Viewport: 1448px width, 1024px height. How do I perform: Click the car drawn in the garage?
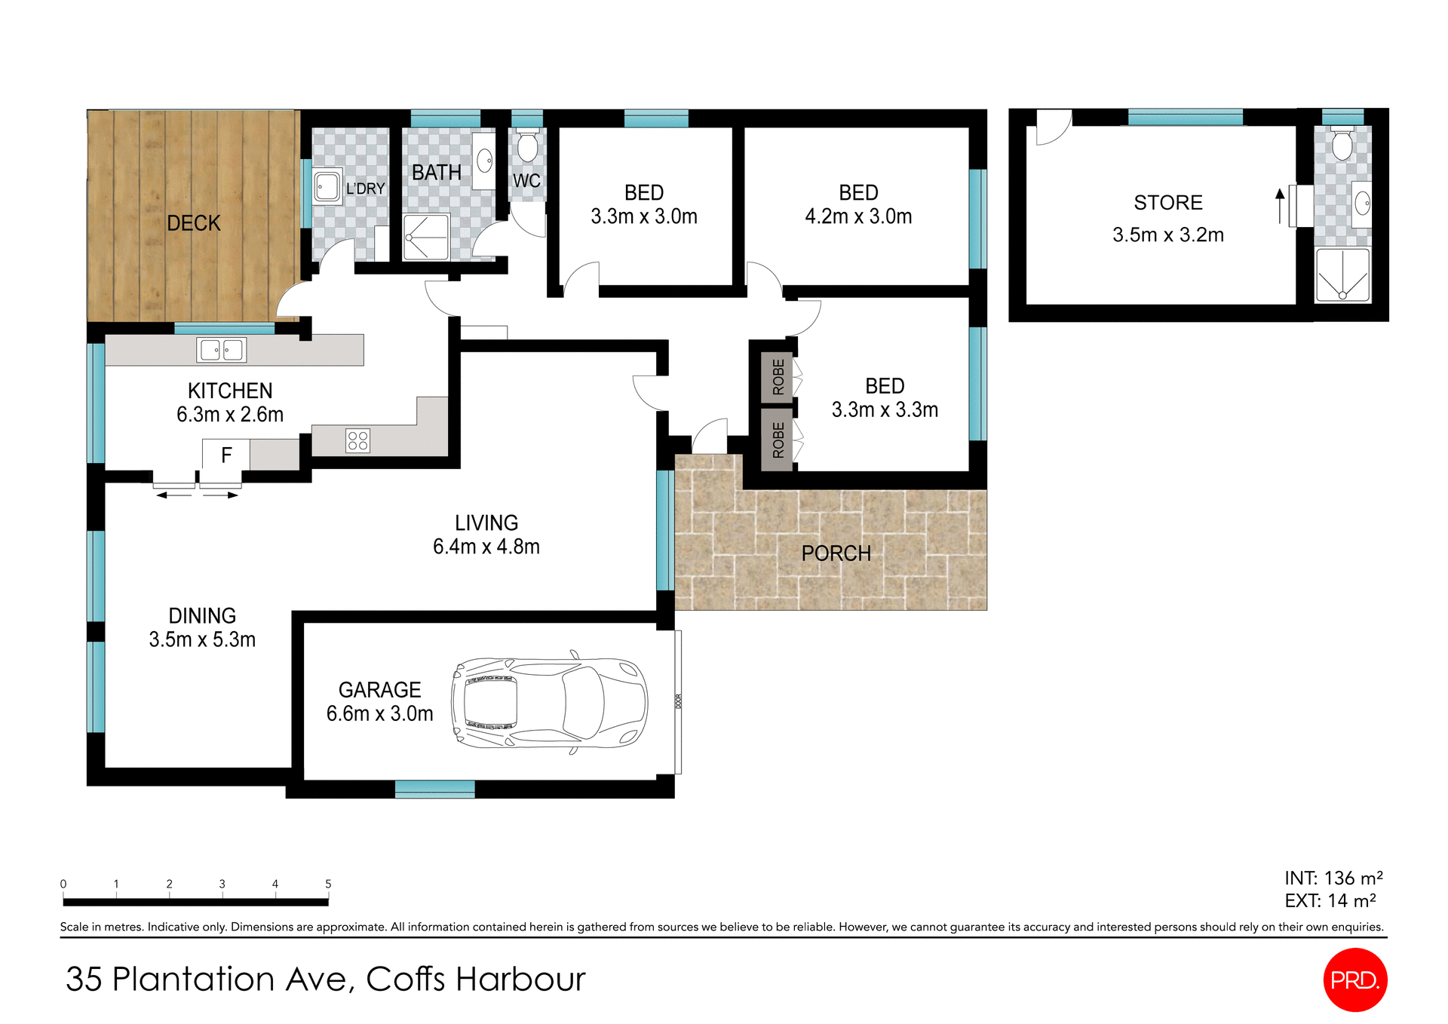click(x=549, y=703)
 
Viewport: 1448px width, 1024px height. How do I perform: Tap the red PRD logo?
click(x=1355, y=980)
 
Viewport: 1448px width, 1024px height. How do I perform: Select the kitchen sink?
click(x=222, y=350)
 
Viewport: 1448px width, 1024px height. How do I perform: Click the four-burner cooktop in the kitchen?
click(x=358, y=440)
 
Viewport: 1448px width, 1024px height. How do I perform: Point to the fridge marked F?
click(x=225, y=455)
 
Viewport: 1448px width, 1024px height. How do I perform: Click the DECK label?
click(x=194, y=223)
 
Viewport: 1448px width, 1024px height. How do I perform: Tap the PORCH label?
click(x=836, y=553)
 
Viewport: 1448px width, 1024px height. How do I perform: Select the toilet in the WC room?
click(x=527, y=146)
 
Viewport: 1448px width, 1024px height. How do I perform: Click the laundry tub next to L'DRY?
click(x=327, y=185)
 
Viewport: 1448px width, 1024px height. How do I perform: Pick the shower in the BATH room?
click(x=426, y=237)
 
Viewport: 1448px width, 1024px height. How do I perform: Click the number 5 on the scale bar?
click(x=328, y=884)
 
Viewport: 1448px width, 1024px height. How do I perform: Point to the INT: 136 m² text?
click(x=1333, y=878)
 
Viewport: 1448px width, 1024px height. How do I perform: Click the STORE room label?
click(x=1168, y=202)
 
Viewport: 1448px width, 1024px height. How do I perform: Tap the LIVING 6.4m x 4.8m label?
click(x=486, y=535)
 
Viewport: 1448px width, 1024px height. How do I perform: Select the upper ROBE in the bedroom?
click(x=778, y=377)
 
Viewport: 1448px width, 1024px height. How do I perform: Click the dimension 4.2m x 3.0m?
click(x=858, y=216)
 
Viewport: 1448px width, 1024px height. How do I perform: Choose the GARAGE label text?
click(x=379, y=690)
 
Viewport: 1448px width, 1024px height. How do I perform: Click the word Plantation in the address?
click(x=194, y=980)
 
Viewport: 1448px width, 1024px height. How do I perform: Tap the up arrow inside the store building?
click(x=1280, y=205)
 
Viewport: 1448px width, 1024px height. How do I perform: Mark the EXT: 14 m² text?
click(x=1330, y=901)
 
